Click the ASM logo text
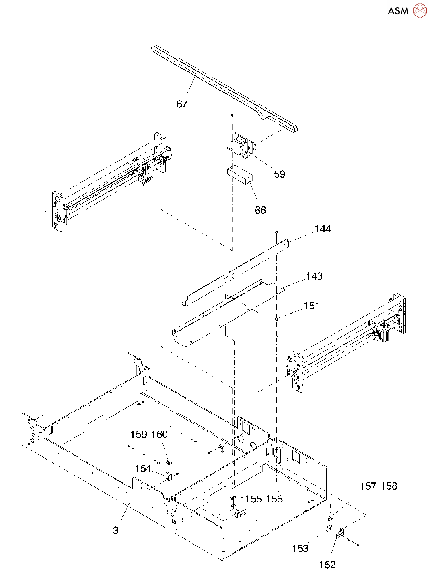tap(398, 11)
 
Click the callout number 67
tap(182, 104)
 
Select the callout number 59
tap(280, 174)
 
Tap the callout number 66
tap(260, 210)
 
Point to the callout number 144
tap(323, 229)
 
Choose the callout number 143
tap(314, 276)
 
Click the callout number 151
tap(312, 306)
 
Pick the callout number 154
tap(143, 469)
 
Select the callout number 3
tap(116, 530)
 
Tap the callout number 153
tap(300, 548)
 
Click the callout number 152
tap(327, 565)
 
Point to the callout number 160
tap(159, 434)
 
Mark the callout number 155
tap(254, 499)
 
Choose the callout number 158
tap(389, 486)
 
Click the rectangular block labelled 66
tap(240, 176)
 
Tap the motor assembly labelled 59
tap(241, 147)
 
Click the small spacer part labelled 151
tap(276, 319)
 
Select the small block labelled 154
tap(168, 476)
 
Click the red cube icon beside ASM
tap(420, 10)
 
